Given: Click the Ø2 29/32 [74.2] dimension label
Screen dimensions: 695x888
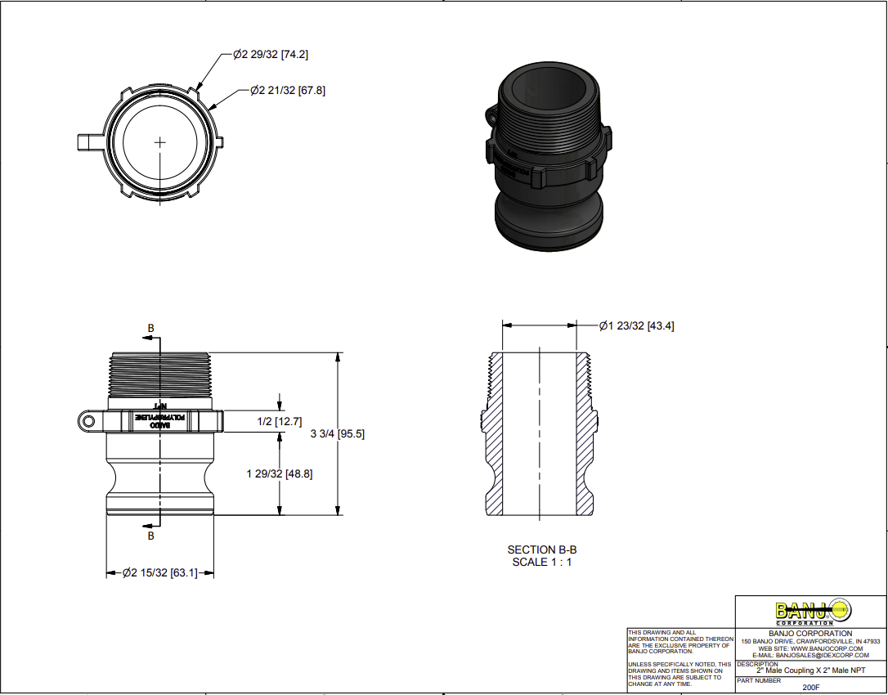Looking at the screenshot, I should tap(270, 55).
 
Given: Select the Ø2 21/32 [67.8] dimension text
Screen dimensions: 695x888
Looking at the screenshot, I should tap(287, 91).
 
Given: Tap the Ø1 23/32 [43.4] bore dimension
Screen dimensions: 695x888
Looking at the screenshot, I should tap(636, 326).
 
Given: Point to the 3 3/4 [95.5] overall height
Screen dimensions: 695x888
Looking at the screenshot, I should tap(338, 434).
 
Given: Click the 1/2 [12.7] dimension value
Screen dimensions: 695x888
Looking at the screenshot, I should tap(280, 422).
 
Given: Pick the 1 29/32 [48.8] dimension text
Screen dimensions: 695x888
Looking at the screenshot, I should tap(279, 474).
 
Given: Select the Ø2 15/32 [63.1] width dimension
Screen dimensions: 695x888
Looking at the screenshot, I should tap(160, 573).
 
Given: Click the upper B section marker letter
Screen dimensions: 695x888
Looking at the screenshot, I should tap(150, 329).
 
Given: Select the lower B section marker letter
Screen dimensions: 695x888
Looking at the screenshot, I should tap(150, 536).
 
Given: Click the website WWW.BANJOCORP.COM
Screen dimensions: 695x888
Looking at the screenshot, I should tap(810, 648).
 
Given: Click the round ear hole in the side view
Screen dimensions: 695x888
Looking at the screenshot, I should tap(86, 421).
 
